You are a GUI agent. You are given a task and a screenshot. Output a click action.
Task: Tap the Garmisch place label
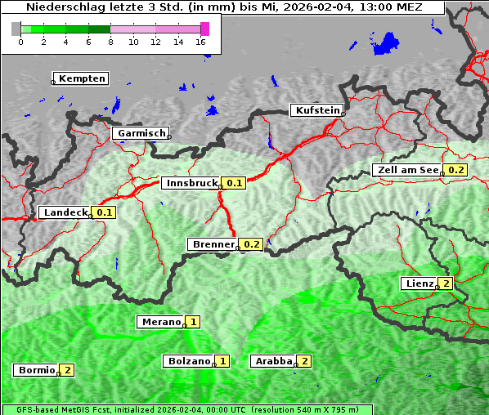(141, 133)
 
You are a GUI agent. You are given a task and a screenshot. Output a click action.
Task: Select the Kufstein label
(316, 110)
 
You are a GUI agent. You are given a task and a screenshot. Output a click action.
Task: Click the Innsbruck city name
(191, 183)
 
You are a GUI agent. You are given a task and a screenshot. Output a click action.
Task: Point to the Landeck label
(65, 212)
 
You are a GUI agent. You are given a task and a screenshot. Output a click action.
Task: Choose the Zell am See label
(406, 170)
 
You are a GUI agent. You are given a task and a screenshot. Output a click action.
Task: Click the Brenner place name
(212, 244)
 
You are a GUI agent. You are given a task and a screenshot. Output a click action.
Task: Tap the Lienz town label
(418, 283)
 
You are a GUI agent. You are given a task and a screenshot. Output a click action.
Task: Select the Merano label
(159, 322)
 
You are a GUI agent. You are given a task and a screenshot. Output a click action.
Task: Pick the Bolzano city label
(188, 360)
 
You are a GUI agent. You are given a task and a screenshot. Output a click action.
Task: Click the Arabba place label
(273, 360)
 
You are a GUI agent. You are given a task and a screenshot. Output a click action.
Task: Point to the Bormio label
(36, 370)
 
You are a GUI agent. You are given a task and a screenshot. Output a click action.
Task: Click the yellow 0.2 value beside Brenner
(252, 244)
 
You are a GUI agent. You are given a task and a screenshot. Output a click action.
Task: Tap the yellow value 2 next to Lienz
(445, 283)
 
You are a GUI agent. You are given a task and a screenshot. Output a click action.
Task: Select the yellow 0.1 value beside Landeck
(105, 212)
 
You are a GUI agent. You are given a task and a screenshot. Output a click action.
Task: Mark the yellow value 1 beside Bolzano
(222, 360)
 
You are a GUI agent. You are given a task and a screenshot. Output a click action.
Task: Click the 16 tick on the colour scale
(201, 42)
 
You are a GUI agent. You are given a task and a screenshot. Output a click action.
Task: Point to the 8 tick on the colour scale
(110, 42)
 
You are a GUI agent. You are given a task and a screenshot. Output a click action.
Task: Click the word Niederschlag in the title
(62, 7)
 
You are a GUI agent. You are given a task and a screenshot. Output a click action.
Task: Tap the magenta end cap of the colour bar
(204, 29)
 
